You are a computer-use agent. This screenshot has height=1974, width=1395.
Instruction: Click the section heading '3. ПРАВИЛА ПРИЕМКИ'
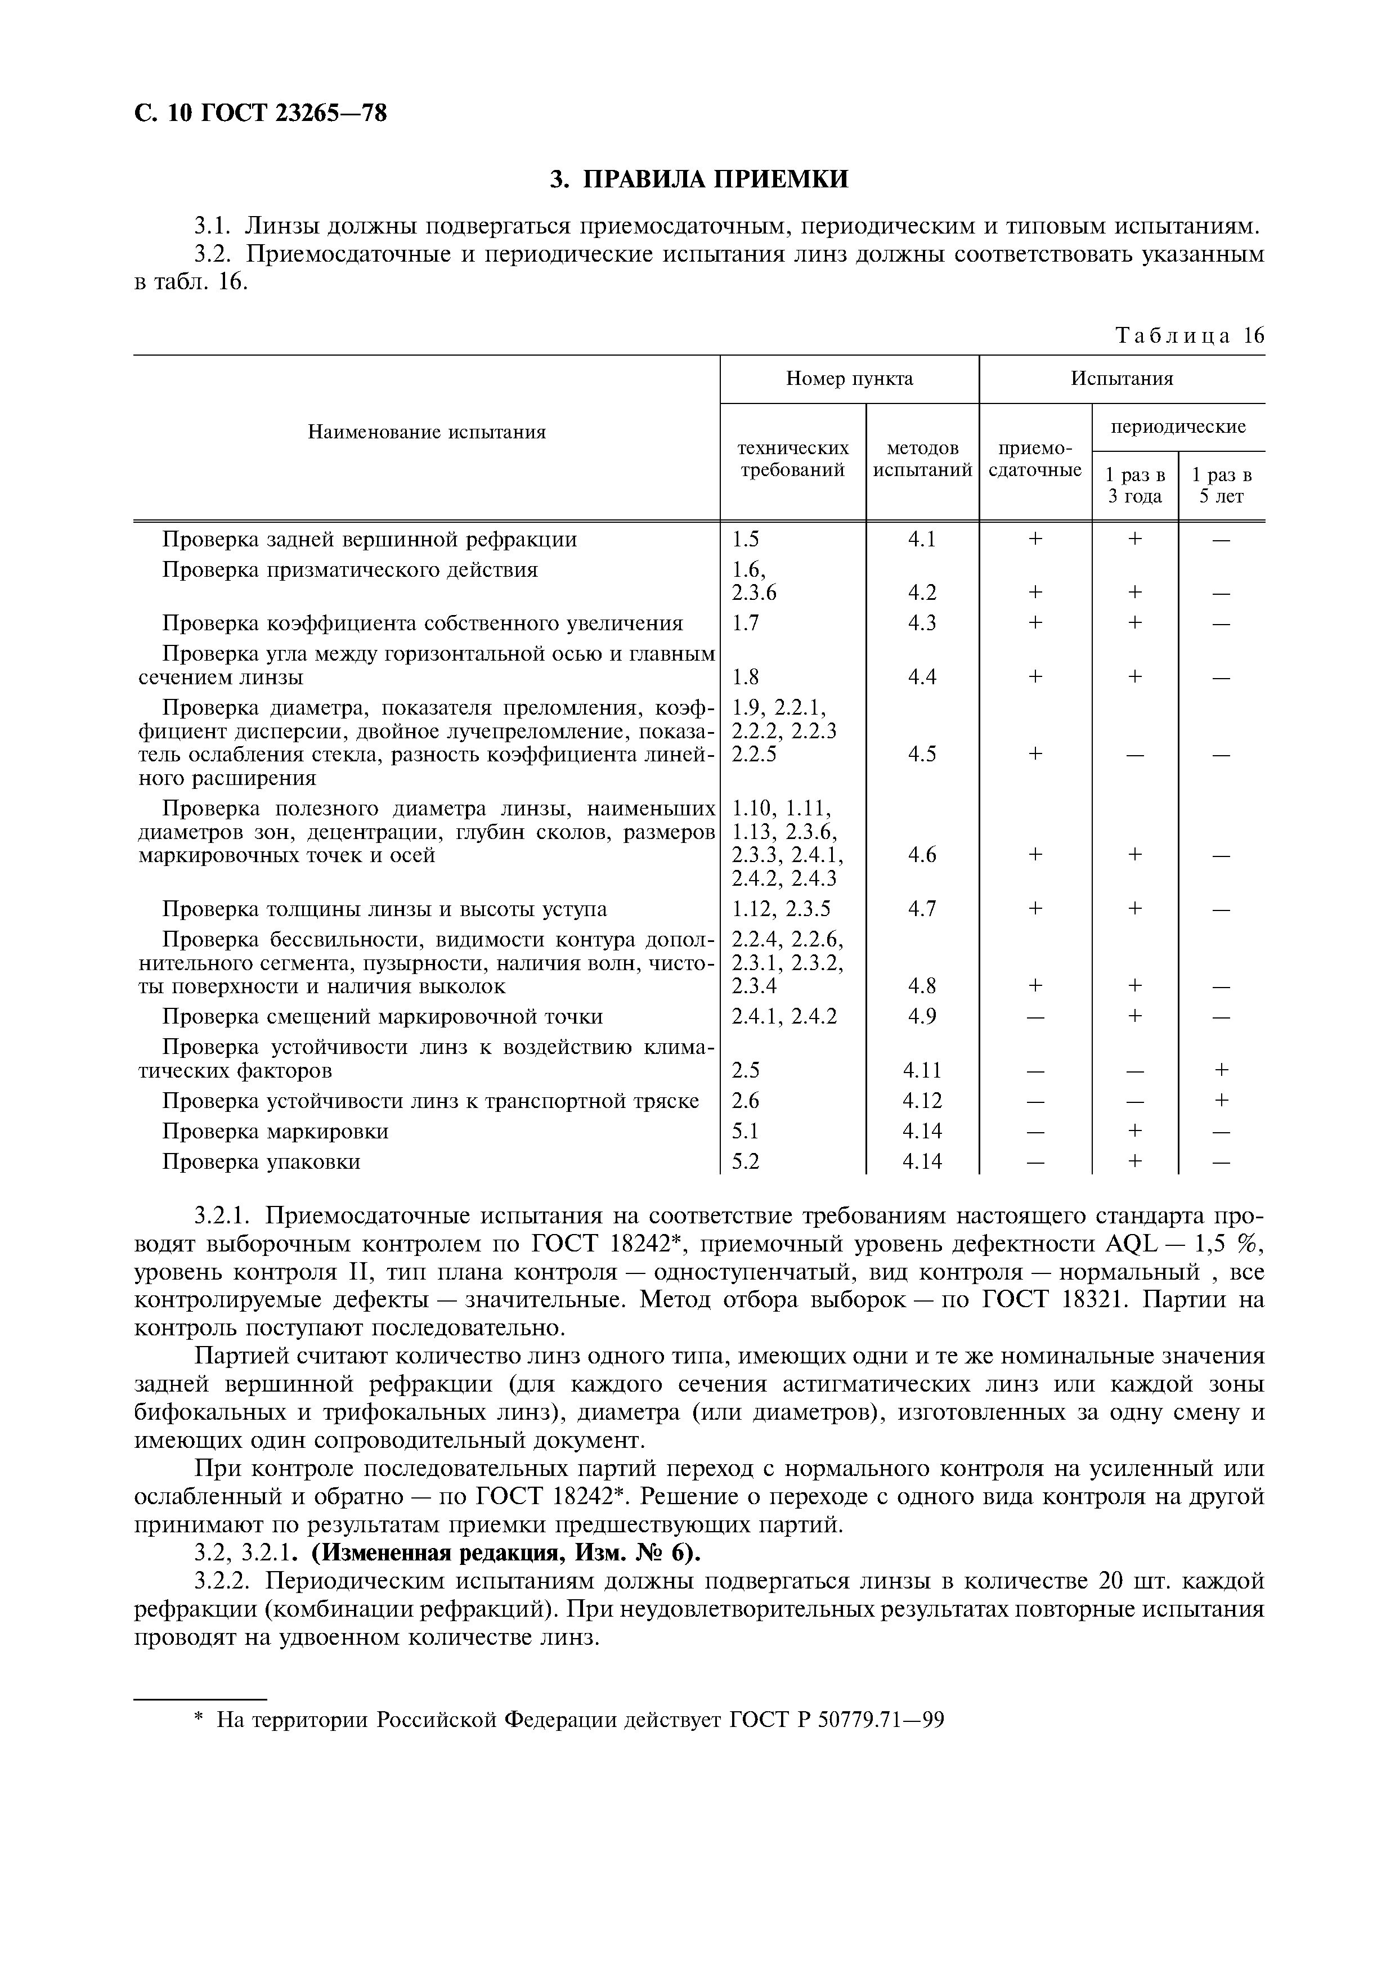click(x=699, y=179)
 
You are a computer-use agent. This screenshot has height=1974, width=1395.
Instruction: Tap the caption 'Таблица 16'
click(x=1190, y=335)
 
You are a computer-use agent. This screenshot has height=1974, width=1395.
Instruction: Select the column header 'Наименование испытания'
click(x=427, y=432)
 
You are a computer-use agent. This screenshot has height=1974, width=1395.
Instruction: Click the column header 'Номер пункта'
click(x=849, y=379)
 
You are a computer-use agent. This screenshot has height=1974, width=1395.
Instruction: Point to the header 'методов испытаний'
click(x=922, y=459)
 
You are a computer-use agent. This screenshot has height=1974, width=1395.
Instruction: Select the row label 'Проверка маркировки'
click(x=275, y=1132)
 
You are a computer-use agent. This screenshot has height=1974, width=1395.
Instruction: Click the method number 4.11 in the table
click(x=922, y=1070)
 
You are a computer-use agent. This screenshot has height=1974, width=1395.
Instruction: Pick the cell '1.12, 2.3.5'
click(x=781, y=909)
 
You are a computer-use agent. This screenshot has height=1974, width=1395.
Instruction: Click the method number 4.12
click(x=922, y=1101)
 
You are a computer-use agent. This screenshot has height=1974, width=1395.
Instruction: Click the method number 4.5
click(x=922, y=754)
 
